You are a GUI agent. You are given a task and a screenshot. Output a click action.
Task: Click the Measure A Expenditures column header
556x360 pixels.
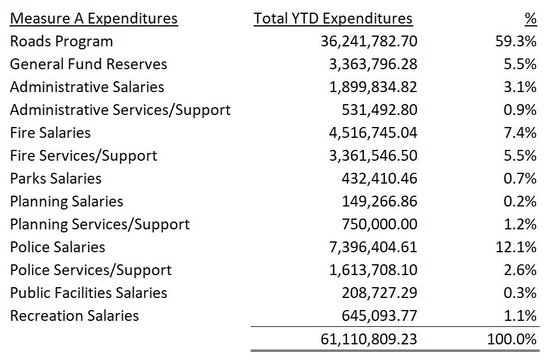[x=94, y=19]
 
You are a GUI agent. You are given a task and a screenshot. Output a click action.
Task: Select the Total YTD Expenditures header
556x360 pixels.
[x=333, y=19]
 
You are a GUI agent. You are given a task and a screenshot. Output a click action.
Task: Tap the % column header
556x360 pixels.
[x=530, y=19]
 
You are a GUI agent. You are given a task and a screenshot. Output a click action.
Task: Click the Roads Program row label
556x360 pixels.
[x=61, y=42]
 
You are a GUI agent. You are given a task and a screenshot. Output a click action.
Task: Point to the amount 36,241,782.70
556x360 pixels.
[x=369, y=42]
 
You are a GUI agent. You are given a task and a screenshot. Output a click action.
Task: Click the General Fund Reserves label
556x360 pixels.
[x=89, y=64]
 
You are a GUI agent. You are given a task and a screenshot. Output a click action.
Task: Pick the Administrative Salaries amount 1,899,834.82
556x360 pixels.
[x=373, y=87]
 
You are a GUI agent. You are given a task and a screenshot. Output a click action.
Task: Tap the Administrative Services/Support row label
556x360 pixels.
[x=120, y=110]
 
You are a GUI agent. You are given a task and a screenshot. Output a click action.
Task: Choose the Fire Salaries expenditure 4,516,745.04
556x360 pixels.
[x=373, y=133]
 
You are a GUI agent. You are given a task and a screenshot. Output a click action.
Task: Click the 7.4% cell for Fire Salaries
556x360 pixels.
[x=520, y=133]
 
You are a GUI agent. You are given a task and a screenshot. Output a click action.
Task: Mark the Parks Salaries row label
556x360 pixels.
[x=56, y=179]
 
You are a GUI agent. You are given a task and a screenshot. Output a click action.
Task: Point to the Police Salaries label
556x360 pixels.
[x=58, y=247]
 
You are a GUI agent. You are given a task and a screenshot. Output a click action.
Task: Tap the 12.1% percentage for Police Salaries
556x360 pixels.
[x=516, y=247]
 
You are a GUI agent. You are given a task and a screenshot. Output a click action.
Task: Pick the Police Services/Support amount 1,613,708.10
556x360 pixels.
[x=373, y=270]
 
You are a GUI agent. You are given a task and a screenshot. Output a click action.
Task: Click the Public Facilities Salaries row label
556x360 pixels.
[x=89, y=293]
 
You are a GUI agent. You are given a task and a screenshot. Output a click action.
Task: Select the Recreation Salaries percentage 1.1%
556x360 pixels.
[x=520, y=316]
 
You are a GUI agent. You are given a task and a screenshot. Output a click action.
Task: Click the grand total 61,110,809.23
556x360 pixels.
[x=369, y=340]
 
